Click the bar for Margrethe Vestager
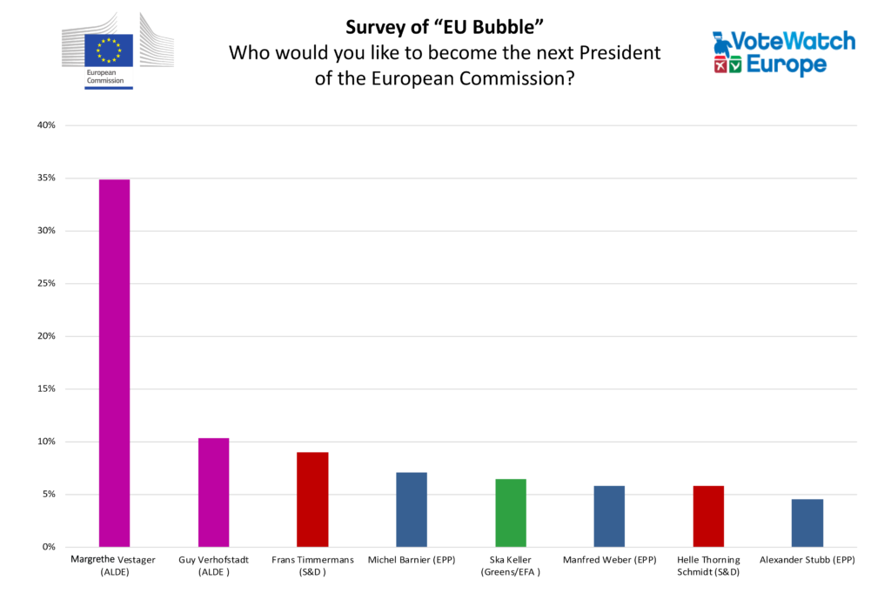click(113, 363)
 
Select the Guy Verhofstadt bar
click(213, 492)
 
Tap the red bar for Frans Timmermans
click(312, 499)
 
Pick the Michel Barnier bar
click(412, 509)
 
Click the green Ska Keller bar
click(511, 513)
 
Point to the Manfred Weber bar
click(609, 516)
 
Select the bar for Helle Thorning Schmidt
click(708, 516)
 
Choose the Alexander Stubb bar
click(807, 522)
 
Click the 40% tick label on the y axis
click(45, 125)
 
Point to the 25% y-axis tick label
click(45, 284)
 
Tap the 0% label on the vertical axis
click(48, 547)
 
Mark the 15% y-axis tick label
click(45, 389)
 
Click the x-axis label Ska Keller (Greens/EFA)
click(510, 565)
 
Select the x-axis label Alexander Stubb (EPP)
click(807, 560)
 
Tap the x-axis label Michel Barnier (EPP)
click(412, 560)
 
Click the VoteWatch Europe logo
click(783, 54)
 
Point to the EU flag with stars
click(109, 50)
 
